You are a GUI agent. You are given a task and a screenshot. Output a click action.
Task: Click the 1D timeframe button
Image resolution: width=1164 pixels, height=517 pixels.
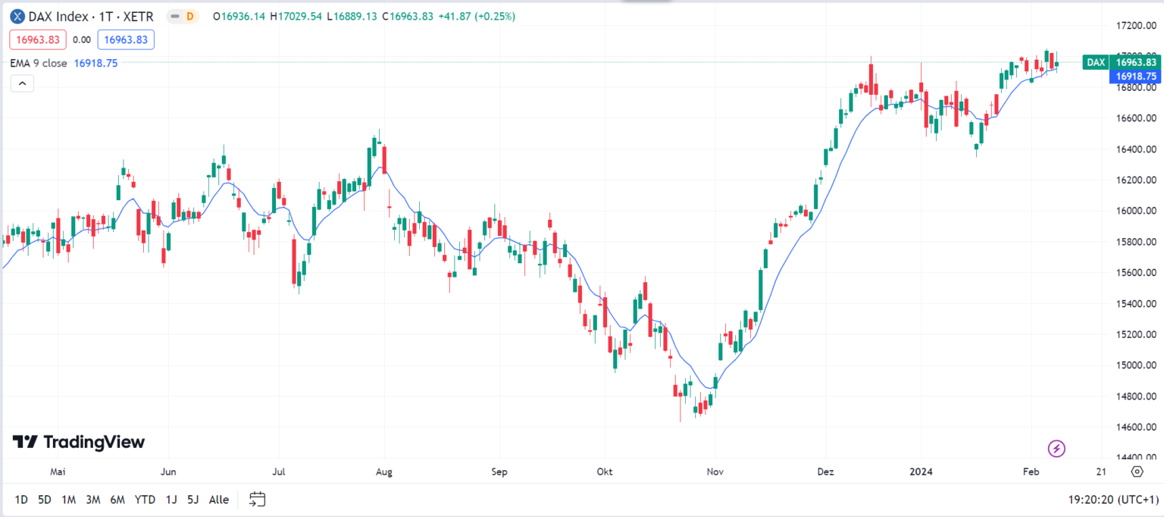[x=21, y=500]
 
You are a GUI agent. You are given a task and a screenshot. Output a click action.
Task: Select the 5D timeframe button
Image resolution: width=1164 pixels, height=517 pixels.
[x=45, y=500]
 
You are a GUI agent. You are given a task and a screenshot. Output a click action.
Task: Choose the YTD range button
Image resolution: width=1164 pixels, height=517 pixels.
[x=145, y=500]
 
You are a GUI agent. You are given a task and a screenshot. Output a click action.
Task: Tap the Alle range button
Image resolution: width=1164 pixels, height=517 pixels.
[x=218, y=500]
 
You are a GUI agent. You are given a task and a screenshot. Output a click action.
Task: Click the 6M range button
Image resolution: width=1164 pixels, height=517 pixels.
[x=117, y=500]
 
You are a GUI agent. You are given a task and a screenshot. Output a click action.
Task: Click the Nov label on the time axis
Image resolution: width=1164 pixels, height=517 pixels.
[x=715, y=472]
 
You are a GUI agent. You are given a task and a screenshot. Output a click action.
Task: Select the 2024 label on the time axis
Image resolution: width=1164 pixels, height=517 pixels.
[x=921, y=472]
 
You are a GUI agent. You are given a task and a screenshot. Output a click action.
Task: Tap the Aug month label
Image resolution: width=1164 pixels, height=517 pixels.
[x=383, y=472]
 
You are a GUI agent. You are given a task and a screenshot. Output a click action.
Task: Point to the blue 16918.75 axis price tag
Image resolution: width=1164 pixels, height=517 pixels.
[x=1134, y=77]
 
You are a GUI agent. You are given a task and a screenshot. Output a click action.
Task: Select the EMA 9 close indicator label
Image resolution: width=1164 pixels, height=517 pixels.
[x=39, y=64]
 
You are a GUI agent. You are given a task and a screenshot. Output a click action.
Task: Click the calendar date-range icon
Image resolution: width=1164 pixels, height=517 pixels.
[x=258, y=500]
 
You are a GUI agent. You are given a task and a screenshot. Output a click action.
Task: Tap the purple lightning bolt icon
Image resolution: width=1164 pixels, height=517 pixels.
[x=1056, y=449]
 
